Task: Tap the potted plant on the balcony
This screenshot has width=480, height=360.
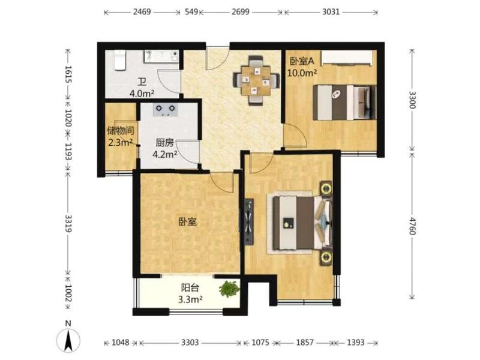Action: [x=229, y=289]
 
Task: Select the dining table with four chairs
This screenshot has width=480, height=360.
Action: [x=256, y=80]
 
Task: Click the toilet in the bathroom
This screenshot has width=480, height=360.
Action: [x=120, y=60]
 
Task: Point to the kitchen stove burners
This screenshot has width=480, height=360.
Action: [x=166, y=110]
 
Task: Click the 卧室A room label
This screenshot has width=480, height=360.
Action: [x=302, y=61]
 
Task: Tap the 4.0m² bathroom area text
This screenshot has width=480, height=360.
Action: [x=142, y=94]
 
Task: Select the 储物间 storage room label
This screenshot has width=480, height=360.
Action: [x=121, y=131]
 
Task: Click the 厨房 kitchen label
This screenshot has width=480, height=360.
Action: [x=164, y=143]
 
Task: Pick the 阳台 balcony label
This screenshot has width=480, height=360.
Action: [x=190, y=288]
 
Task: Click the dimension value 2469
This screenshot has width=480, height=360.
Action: [x=142, y=12]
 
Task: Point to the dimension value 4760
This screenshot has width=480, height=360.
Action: [x=412, y=226]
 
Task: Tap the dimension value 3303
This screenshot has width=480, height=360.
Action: [x=190, y=342]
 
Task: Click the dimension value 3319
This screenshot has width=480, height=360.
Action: [x=68, y=223]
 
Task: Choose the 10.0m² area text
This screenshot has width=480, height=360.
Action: [x=302, y=73]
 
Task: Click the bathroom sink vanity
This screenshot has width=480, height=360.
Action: [x=161, y=56]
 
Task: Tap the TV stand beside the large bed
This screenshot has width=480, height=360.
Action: [x=249, y=221]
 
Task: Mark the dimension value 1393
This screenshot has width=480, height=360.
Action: [x=355, y=342]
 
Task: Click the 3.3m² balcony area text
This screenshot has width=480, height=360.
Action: [x=190, y=299]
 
